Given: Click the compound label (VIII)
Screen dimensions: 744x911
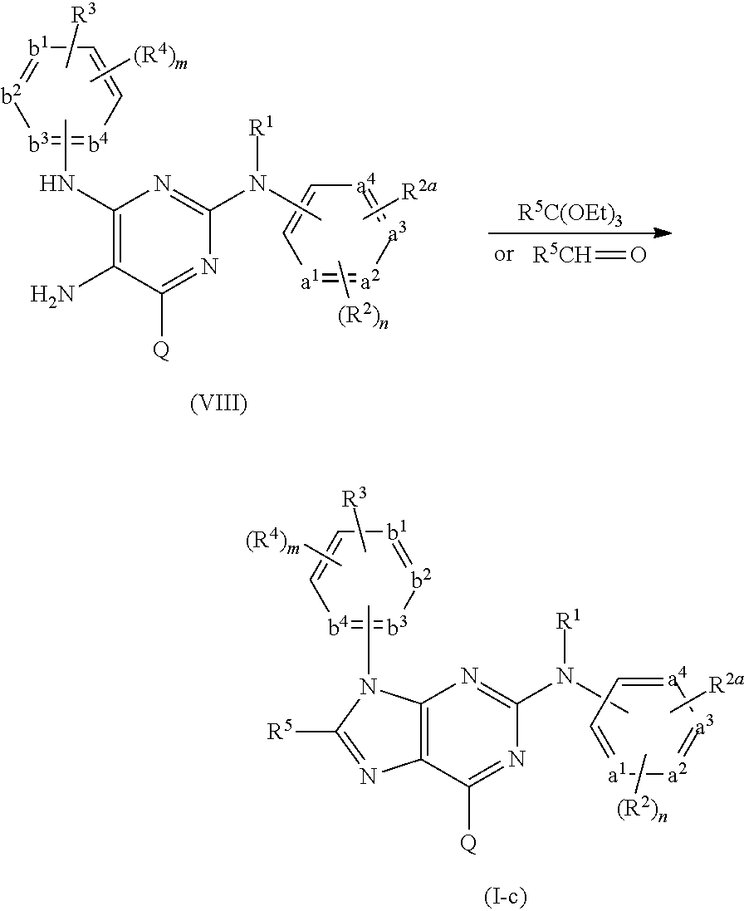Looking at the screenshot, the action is (218, 407).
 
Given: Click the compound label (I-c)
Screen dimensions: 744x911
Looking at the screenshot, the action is (504, 896).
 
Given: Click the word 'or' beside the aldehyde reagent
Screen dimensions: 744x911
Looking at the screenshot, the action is (504, 254).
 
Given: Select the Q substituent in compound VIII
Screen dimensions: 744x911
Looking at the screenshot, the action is (162, 351).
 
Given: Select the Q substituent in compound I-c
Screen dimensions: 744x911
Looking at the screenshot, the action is (468, 843).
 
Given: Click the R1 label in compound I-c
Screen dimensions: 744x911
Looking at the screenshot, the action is (567, 621).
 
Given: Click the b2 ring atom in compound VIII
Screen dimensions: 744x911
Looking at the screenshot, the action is (12, 98).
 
